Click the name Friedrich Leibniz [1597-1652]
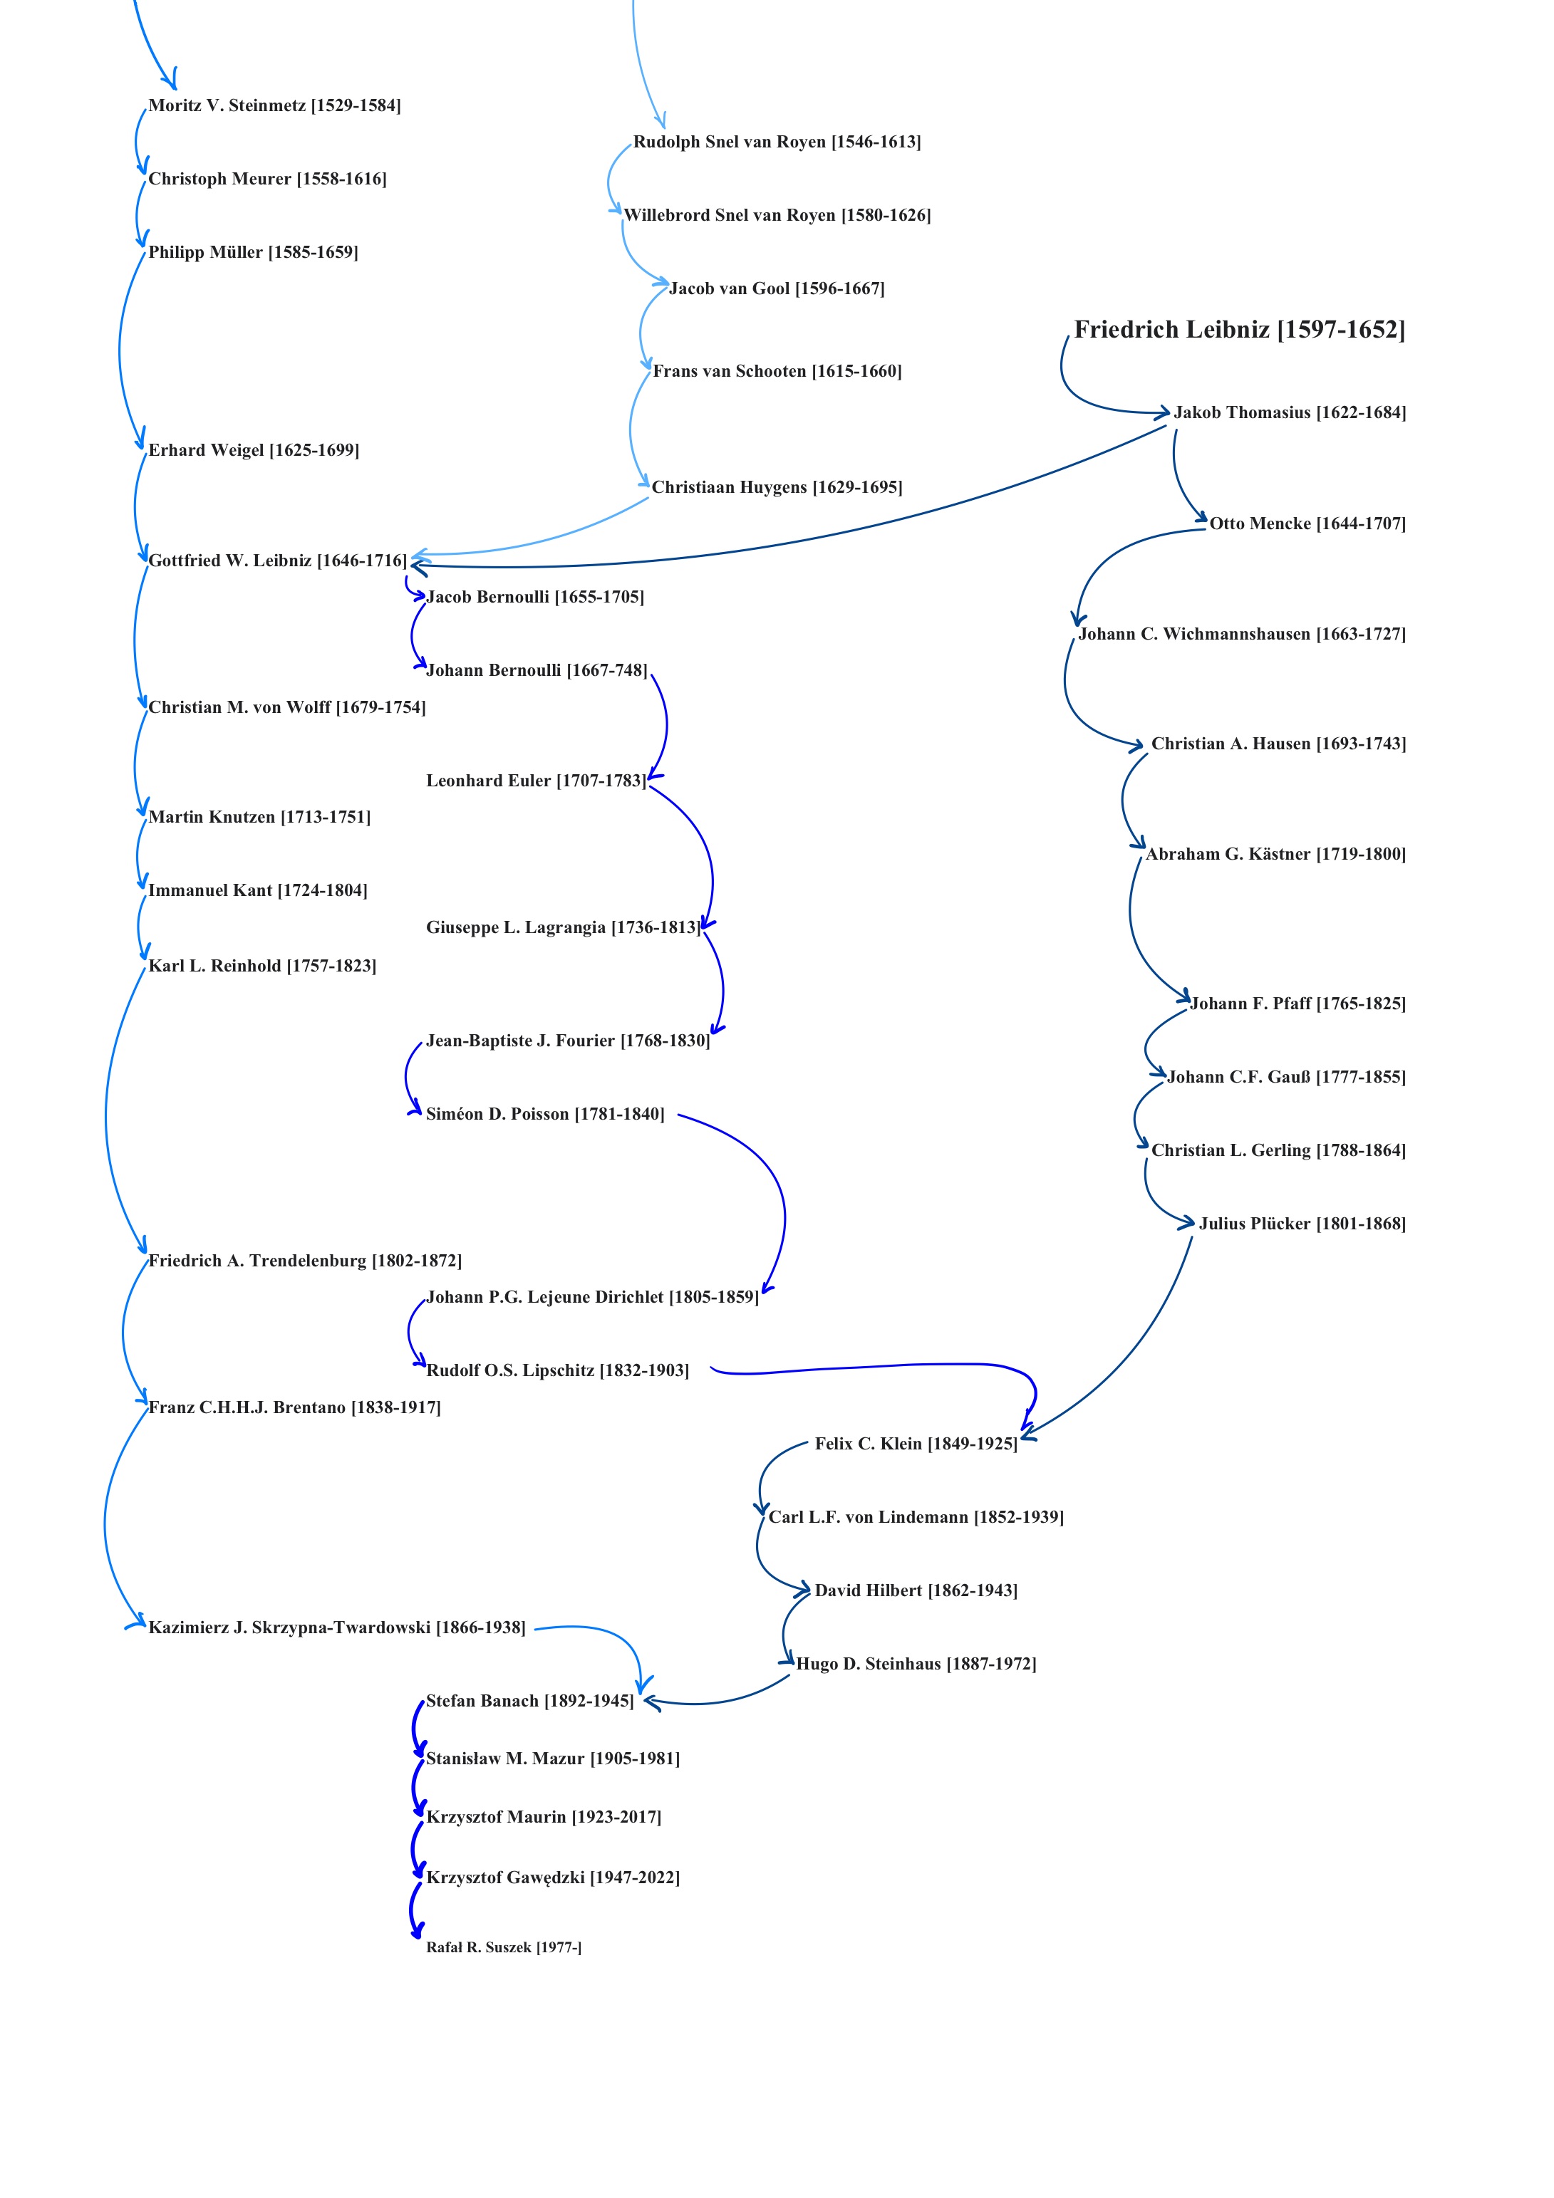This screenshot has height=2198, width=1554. [1239, 329]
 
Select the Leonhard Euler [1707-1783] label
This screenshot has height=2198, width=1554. [535, 780]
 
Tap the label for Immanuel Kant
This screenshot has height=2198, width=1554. [257, 890]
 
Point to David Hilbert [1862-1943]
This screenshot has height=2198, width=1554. [916, 1590]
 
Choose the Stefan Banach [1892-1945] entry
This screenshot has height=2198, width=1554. [529, 1700]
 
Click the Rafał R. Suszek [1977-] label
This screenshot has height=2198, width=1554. [504, 1947]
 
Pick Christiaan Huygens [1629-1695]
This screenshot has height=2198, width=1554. [777, 487]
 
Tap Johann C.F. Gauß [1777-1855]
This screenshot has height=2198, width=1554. [1286, 1077]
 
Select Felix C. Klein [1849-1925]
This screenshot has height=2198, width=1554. [916, 1444]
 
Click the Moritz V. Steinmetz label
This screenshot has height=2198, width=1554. [275, 105]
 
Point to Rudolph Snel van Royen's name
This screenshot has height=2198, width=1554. [777, 142]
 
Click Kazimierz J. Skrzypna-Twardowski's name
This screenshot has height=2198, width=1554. [337, 1627]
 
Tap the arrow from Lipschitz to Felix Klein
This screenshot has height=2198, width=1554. [881, 1366]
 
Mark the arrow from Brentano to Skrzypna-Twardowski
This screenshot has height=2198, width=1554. [108, 1522]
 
